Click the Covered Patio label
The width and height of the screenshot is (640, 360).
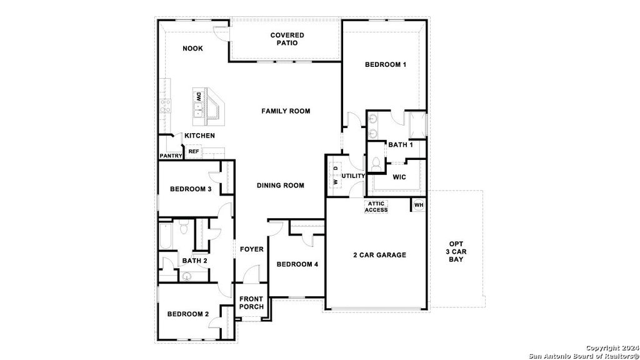tap(287, 39)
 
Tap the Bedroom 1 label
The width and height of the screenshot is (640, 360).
tap(386, 64)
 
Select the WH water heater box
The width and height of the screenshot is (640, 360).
tap(419, 205)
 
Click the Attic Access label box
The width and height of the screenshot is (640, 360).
tap(376, 206)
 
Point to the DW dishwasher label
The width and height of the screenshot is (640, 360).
tap(198, 97)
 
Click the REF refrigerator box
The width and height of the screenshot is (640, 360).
tap(194, 152)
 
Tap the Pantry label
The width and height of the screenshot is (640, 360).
tap(170, 156)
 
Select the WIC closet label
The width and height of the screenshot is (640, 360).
tap(399, 177)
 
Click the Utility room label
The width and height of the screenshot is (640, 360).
tap(353, 176)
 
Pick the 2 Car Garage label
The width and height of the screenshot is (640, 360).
tap(379, 254)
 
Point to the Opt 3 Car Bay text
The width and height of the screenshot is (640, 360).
tap(456, 251)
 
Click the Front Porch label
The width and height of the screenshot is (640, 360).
tap(251, 303)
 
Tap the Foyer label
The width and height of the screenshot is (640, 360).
tap(252, 249)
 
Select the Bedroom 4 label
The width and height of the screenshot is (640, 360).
tap(297, 264)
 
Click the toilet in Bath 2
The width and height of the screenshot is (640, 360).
tap(183, 229)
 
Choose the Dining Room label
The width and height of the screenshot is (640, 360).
tap(281, 186)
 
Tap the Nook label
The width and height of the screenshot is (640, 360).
tap(192, 49)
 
